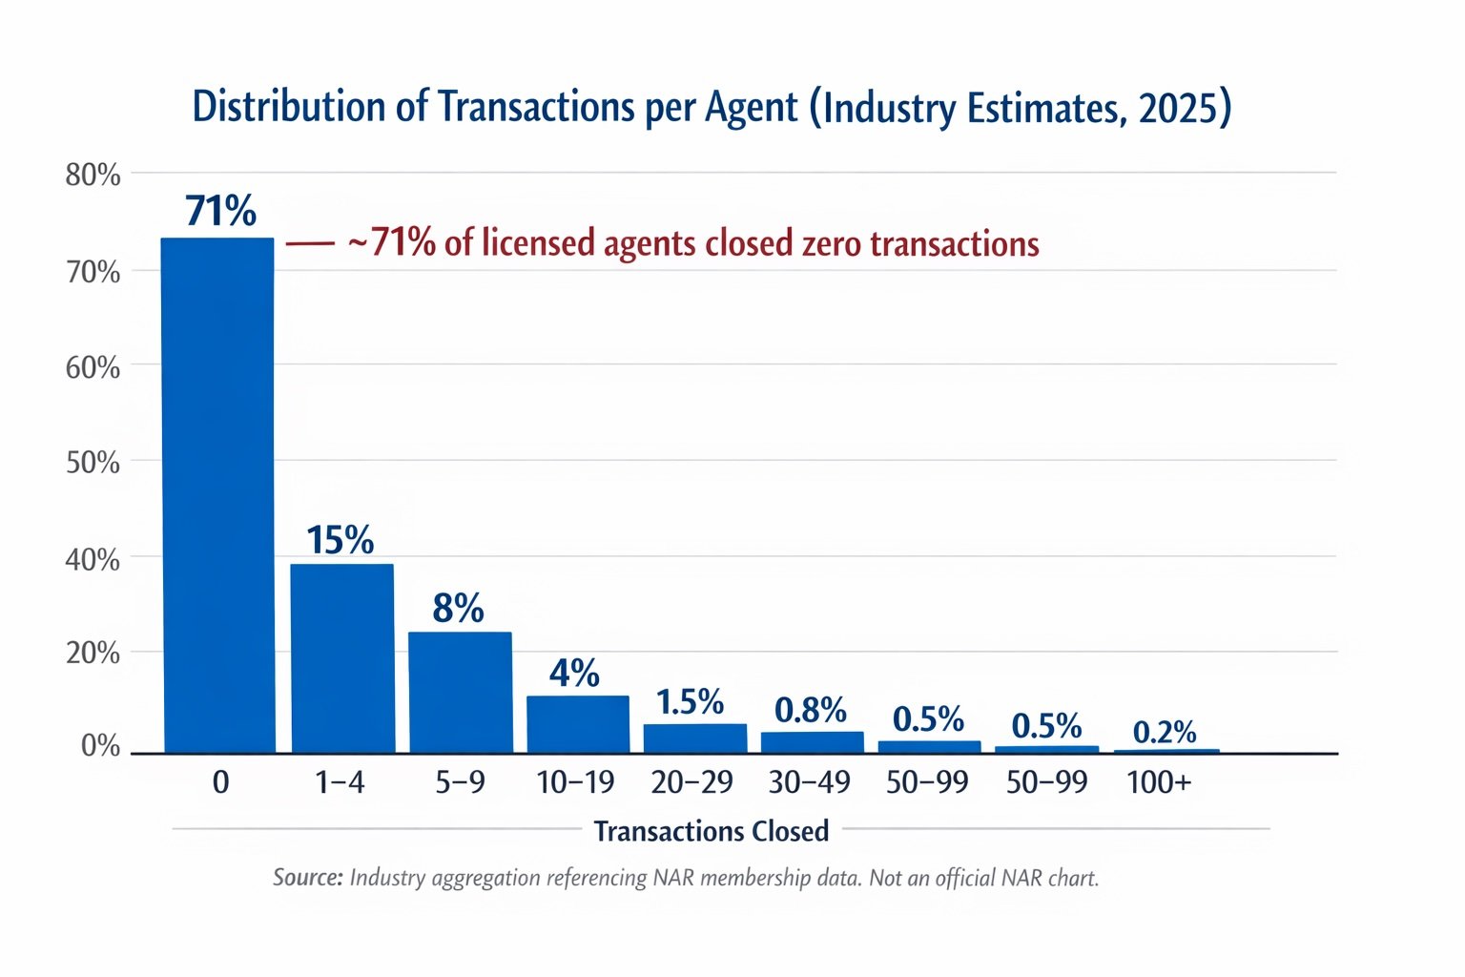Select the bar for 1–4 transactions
(x=341, y=657)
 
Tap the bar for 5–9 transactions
(x=460, y=692)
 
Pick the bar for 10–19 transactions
(x=578, y=724)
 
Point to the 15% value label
(x=340, y=541)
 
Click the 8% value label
(x=458, y=609)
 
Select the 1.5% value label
(x=690, y=702)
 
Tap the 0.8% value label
(x=810, y=710)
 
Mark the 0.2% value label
(x=1165, y=732)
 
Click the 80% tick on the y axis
(x=93, y=176)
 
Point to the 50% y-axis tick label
(x=93, y=463)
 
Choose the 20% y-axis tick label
(x=93, y=654)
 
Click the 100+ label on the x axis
(x=1159, y=782)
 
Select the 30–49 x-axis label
(x=809, y=782)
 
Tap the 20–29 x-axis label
(x=691, y=782)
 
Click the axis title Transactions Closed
(x=712, y=831)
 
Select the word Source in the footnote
(x=307, y=878)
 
